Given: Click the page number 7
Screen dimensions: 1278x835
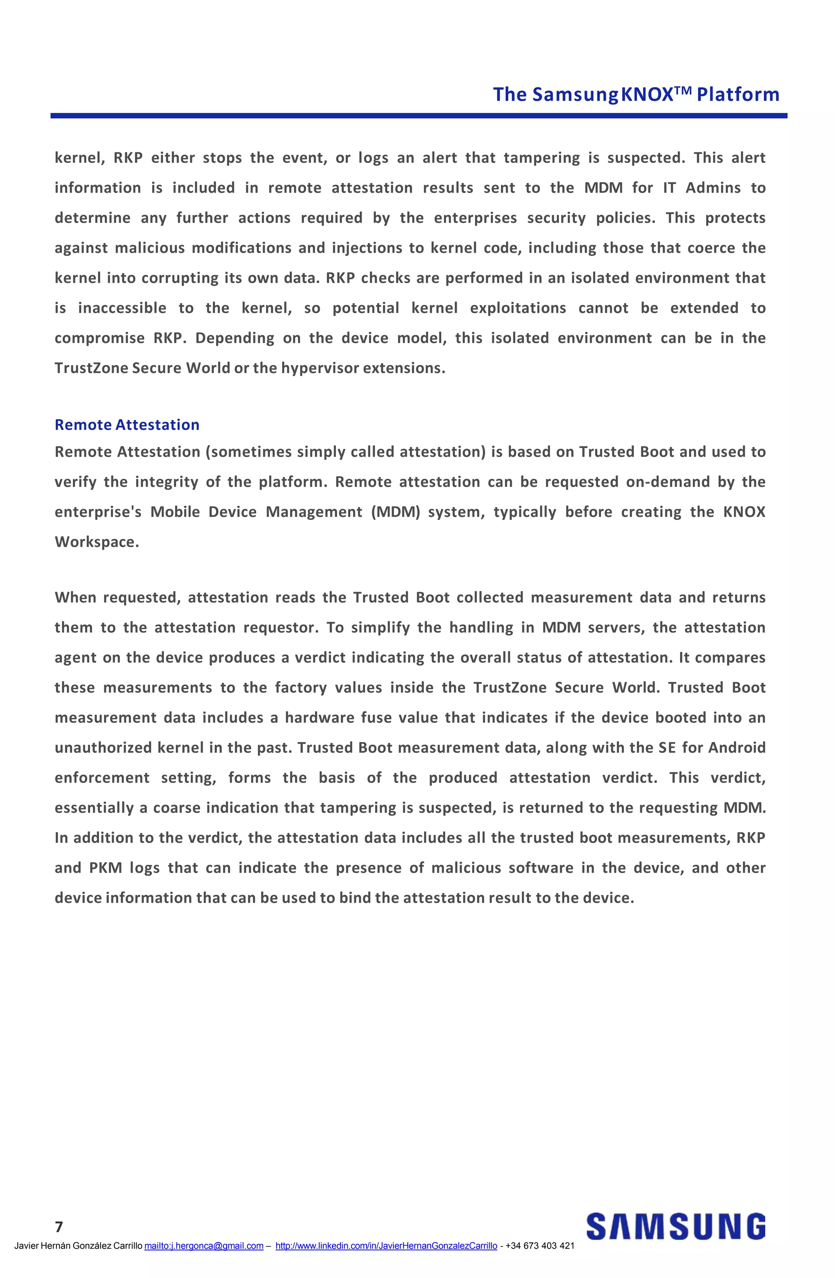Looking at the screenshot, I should click(59, 1227).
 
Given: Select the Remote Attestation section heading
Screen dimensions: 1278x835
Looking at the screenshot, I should click(127, 425).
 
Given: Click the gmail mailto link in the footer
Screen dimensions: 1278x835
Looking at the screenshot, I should click(203, 1246).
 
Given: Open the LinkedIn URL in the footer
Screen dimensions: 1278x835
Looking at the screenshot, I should click(386, 1246).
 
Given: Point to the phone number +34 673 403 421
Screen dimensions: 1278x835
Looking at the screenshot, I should click(539, 1246).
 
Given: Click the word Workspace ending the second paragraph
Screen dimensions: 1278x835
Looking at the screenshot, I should click(96, 542).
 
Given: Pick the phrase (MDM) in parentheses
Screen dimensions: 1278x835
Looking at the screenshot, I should click(395, 512).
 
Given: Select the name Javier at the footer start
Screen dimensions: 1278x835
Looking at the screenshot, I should click(26, 1246).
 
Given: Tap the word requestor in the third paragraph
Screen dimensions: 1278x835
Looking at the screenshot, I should click(278, 628).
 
